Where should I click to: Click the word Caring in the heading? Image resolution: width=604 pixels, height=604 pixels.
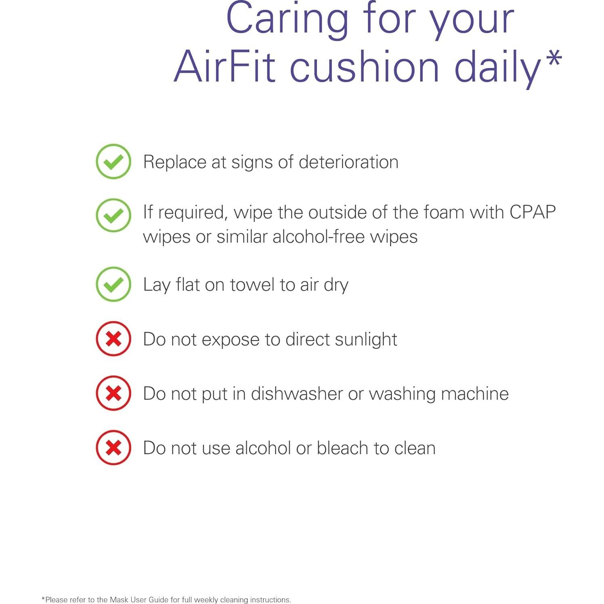pyautogui.click(x=287, y=19)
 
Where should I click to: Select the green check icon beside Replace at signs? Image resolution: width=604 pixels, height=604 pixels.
pyautogui.click(x=113, y=161)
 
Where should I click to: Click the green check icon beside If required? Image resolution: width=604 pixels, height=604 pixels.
pyautogui.click(x=113, y=215)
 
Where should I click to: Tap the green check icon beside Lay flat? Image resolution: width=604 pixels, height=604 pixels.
pyautogui.click(x=113, y=284)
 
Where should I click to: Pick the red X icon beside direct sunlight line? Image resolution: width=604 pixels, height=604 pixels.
pyautogui.click(x=113, y=339)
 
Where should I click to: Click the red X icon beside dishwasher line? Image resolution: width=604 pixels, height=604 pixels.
pyautogui.click(x=113, y=393)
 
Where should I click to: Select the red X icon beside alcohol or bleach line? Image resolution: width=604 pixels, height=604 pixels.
pyautogui.click(x=113, y=448)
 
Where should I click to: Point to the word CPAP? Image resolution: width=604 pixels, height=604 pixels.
pyautogui.click(x=533, y=212)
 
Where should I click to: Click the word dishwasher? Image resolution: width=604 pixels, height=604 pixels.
pyautogui.click(x=297, y=394)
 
